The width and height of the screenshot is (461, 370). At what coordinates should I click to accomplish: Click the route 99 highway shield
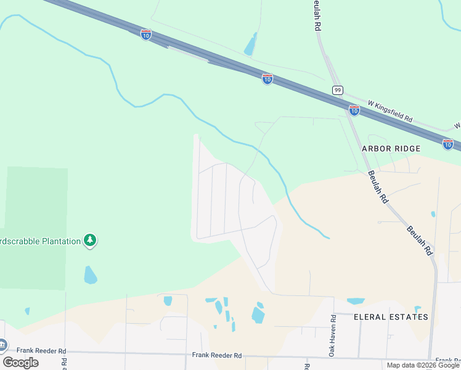click(x=337, y=90)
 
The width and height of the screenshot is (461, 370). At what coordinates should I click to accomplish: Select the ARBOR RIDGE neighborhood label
click(x=391, y=149)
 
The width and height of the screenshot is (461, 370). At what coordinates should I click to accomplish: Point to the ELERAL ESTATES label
click(x=391, y=317)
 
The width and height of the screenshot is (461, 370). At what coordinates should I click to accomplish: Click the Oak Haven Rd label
click(x=332, y=335)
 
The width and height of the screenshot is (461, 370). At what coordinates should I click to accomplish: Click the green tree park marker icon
click(x=91, y=240)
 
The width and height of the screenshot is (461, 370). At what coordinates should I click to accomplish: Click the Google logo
click(x=20, y=362)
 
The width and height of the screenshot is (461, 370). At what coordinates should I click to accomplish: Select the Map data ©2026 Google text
click(x=422, y=365)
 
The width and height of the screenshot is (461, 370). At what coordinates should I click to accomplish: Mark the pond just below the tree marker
click(x=90, y=275)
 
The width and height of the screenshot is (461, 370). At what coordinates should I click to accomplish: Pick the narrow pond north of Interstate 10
click(x=250, y=45)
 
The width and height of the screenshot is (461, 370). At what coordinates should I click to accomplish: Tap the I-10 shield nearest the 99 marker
click(x=354, y=110)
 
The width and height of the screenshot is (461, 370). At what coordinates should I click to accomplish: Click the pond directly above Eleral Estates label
click(x=356, y=302)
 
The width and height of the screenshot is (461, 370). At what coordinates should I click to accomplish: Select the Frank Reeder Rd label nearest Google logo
click(x=41, y=351)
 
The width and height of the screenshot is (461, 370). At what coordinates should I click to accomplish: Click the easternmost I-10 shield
click(x=448, y=144)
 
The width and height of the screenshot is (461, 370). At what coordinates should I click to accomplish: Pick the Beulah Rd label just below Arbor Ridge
click(x=377, y=187)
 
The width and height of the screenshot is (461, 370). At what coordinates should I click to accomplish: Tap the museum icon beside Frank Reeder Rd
click(x=2, y=344)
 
